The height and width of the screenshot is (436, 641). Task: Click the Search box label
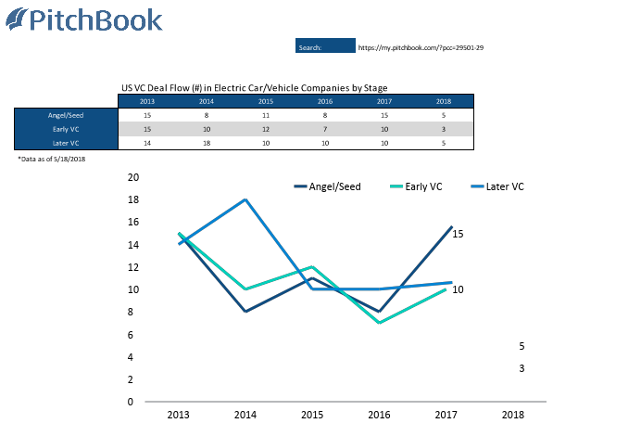[309, 46]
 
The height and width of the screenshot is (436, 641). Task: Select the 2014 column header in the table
[207, 101]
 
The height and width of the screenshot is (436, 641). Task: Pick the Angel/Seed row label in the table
[66, 115]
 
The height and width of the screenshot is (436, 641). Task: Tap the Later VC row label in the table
[66, 143]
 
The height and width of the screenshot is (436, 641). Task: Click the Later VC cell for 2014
[207, 143]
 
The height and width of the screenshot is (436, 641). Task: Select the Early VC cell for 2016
[325, 129]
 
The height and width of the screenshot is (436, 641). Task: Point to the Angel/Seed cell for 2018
[444, 115]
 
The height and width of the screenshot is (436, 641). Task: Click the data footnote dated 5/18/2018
[52, 160]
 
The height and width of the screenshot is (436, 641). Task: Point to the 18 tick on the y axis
[132, 199]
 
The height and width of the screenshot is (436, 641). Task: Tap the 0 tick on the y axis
[131, 402]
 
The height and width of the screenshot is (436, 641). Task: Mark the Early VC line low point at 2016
[379, 323]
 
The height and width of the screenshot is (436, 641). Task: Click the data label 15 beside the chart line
[458, 234]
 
